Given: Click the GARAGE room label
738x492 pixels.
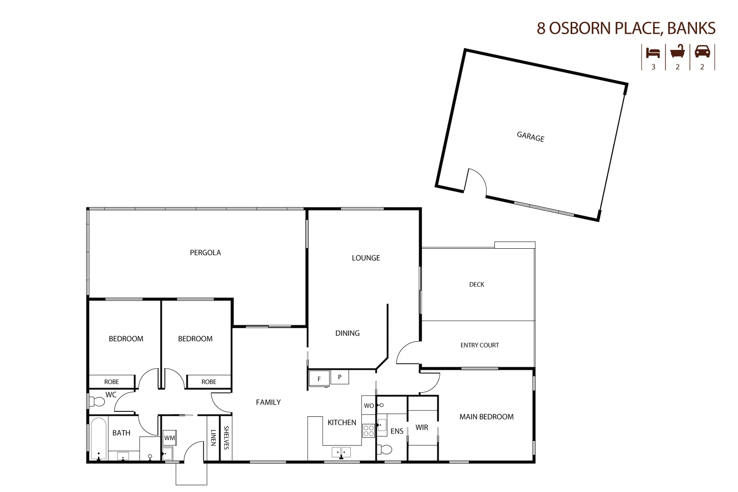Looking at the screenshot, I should coord(530,136).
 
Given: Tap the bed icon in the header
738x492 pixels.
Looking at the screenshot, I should coord(653,52).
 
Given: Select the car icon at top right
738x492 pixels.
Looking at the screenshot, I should coord(702,51).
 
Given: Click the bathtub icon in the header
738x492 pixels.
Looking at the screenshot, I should coord(677,51).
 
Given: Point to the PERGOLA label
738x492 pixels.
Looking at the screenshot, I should coord(205,252).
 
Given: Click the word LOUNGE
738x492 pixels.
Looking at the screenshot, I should coord(365,258).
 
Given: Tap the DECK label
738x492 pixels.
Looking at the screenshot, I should coord(477,284).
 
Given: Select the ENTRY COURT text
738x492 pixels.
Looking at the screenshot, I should coord(479,345).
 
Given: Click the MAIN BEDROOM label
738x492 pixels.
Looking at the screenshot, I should coord(486,417).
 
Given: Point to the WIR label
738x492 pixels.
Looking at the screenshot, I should coord(421,427).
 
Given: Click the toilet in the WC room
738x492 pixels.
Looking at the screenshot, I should coord(97,402).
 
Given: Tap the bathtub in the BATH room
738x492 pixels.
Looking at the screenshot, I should coord(98,439).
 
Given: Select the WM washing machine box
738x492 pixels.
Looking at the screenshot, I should coord(169,438).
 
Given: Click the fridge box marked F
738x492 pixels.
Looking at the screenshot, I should coord(319,379).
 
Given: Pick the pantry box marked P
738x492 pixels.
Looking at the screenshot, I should coord(339,377).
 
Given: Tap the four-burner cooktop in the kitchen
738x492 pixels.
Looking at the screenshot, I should coord(368,430).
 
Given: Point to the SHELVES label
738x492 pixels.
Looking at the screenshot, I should coord(226,438).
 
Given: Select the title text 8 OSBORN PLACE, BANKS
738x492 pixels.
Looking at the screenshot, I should coord(625,28).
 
